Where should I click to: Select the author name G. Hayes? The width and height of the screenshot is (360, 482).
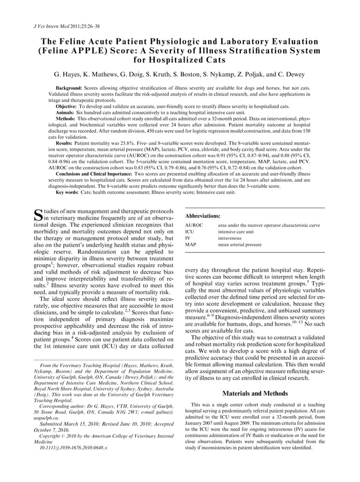(x=70, y=74)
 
